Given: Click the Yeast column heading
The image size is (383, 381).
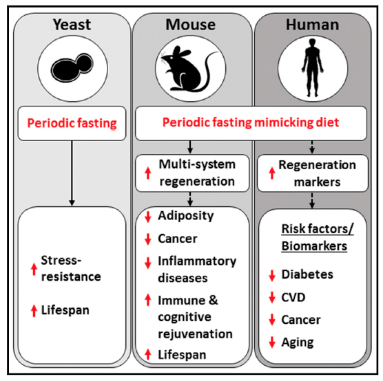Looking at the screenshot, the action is tap(72, 25).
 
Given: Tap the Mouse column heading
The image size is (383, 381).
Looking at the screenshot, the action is tap(191, 25).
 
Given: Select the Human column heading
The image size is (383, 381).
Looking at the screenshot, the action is tap(313, 25).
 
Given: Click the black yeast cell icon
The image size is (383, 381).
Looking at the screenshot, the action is tap(72, 67).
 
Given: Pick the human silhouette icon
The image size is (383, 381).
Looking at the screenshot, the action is tap(313, 68).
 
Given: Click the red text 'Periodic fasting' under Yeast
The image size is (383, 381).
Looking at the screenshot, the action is tap(72, 123).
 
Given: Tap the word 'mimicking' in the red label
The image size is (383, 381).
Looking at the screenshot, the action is tap(280, 122).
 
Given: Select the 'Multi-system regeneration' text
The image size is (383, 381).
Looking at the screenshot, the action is tap(197, 173).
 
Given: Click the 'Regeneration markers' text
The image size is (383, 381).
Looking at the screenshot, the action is tap(317, 173).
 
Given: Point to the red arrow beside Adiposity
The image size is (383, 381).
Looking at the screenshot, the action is tap(148, 217).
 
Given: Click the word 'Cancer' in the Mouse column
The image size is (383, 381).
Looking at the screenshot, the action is tap(178, 239).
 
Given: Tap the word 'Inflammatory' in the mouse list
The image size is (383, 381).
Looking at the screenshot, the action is tap(197, 261).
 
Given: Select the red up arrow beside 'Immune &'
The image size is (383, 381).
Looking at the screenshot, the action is tap(148, 300).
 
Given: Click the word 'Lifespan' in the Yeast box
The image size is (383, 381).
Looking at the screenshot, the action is tap(65, 310).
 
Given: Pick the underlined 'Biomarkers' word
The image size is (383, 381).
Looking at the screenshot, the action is tap(314, 246).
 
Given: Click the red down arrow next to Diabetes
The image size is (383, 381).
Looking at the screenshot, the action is tap(272, 276).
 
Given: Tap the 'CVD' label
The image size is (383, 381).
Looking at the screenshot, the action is tap(293, 297).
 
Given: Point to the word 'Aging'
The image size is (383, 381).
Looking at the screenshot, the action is tap(298, 342).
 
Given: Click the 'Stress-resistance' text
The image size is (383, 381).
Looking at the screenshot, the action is tap(71, 268).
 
